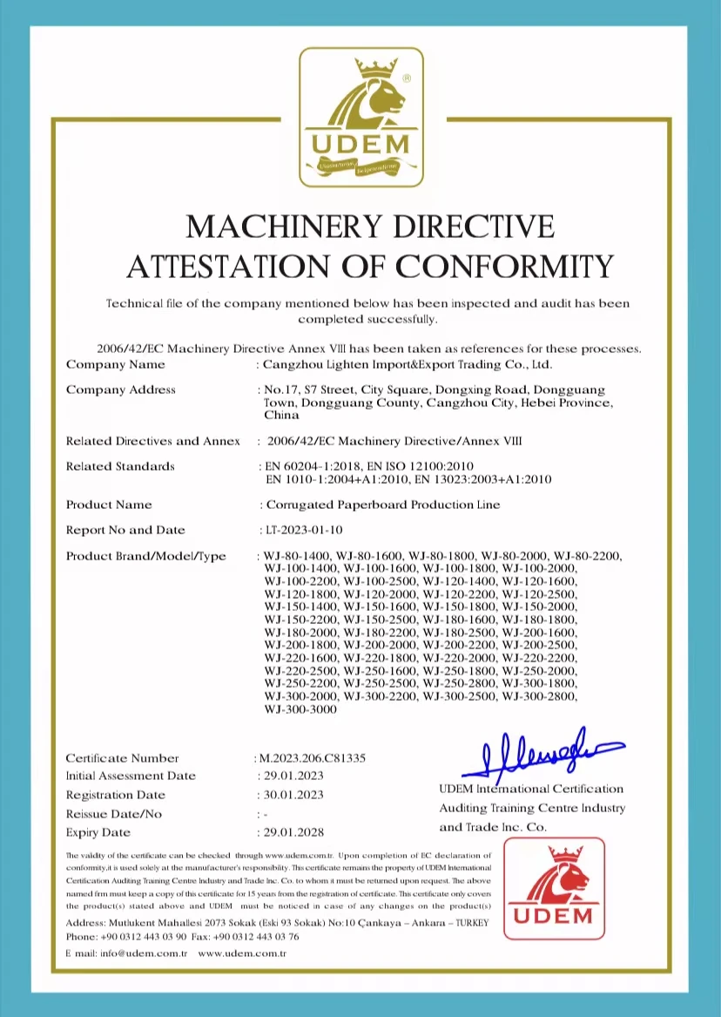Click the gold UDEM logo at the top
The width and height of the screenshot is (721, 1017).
click(x=360, y=116)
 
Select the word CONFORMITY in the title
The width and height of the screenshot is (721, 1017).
click(x=505, y=266)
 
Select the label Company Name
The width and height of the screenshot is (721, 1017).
click(x=115, y=364)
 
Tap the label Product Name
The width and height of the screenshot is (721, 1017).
click(x=109, y=505)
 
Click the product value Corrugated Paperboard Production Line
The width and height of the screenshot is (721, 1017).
click(x=383, y=505)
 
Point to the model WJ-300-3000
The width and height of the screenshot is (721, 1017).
click(x=300, y=710)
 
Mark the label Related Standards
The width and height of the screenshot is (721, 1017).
click(x=120, y=466)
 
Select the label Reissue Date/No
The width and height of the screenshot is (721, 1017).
click(x=113, y=814)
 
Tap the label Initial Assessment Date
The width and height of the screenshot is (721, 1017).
click(x=131, y=776)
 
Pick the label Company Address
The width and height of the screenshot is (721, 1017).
click(x=121, y=390)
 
